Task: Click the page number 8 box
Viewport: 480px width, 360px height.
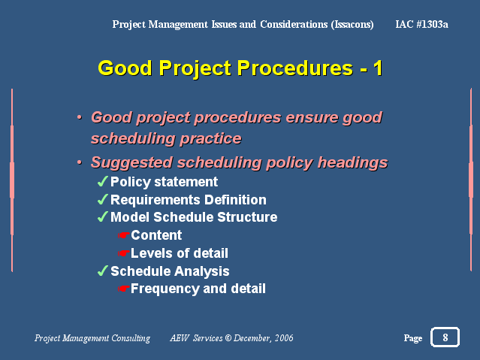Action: click(x=445, y=337)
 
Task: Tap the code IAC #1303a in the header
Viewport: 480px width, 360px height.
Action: click(x=421, y=24)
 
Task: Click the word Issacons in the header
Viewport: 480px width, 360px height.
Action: click(x=352, y=24)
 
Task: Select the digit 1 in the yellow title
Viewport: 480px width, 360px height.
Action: click(x=378, y=68)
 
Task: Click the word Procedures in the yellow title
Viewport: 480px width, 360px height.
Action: click(x=295, y=68)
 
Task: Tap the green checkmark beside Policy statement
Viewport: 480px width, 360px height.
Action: click(x=103, y=181)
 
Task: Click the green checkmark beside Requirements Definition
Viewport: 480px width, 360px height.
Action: click(x=103, y=199)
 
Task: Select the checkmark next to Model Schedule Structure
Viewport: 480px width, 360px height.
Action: click(x=103, y=216)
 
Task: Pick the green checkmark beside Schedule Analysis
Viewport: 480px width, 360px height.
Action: click(x=103, y=271)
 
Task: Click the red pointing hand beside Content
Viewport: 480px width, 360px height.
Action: click(x=124, y=235)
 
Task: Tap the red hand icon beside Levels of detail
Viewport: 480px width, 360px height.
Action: click(x=124, y=253)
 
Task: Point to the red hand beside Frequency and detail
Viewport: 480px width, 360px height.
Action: click(x=124, y=289)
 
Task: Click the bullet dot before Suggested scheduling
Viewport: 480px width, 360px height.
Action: click(x=80, y=162)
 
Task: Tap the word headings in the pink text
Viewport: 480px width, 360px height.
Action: click(x=352, y=162)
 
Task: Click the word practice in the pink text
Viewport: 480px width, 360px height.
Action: click(x=210, y=139)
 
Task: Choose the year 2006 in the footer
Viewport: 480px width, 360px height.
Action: click(x=284, y=338)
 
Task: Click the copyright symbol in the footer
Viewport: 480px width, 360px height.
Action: click(x=228, y=338)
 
